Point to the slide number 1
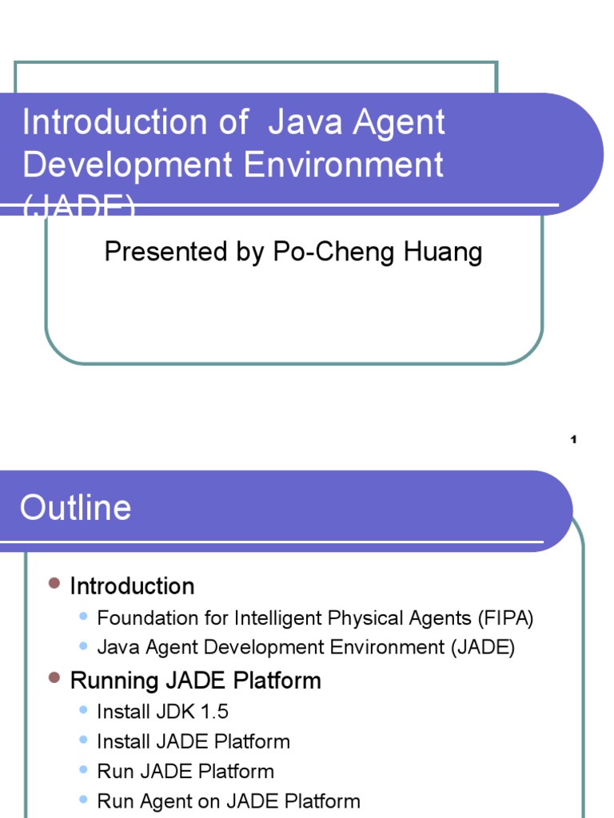(x=573, y=439)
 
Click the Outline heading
(x=76, y=508)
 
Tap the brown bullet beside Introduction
(x=54, y=585)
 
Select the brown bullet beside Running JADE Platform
(x=54, y=679)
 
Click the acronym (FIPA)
(x=506, y=617)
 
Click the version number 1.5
(x=213, y=711)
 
